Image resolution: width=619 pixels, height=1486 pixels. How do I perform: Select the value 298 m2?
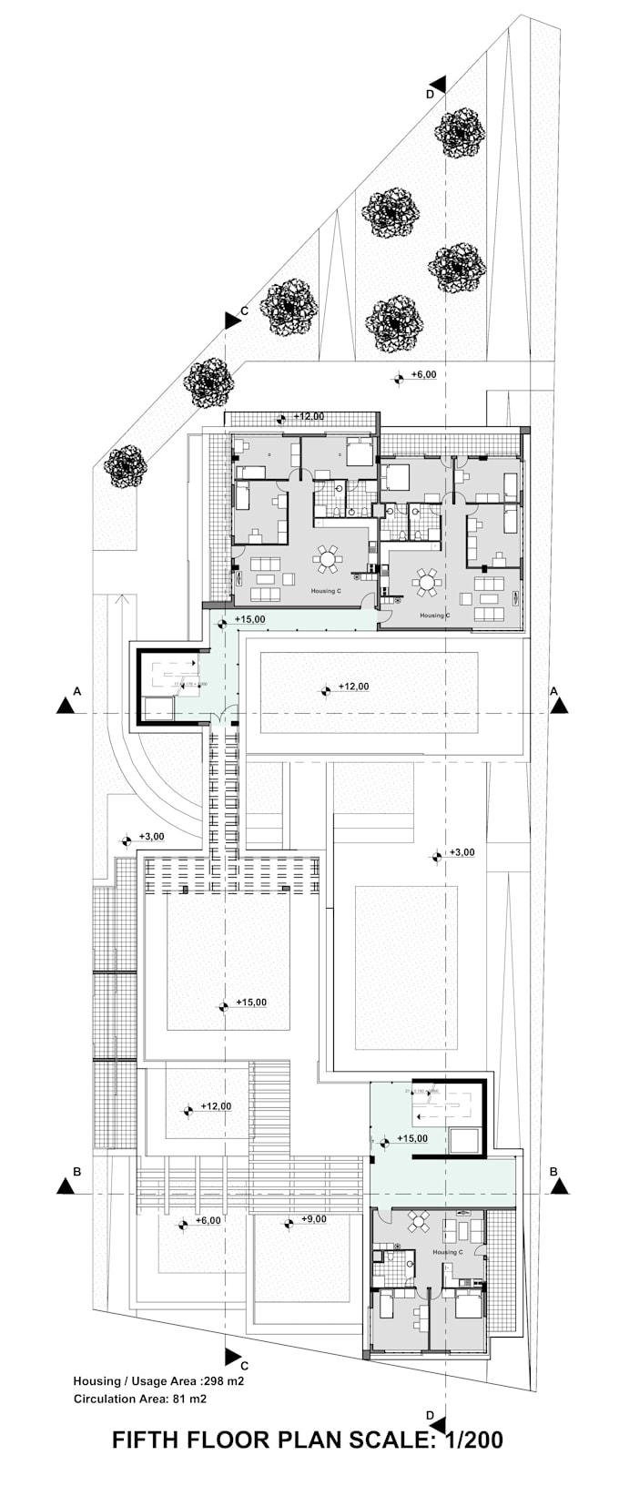point(224,1380)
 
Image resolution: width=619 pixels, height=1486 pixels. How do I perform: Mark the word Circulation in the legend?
point(104,1398)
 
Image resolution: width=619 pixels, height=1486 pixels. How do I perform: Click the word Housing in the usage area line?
point(96,1380)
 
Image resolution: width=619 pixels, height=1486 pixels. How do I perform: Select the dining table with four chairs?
point(420,1221)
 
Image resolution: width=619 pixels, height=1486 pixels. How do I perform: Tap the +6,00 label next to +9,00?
point(208,1220)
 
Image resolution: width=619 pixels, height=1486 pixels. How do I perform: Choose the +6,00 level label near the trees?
point(423,374)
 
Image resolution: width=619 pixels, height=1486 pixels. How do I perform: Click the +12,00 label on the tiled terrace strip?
point(309,416)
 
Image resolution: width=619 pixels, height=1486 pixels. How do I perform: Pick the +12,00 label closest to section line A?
point(353,687)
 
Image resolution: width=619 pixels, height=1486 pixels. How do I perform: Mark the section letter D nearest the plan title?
point(430,1414)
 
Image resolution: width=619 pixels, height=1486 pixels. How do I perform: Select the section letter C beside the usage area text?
point(244,1365)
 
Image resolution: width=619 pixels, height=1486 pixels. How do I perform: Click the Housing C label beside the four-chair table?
point(446,1252)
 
